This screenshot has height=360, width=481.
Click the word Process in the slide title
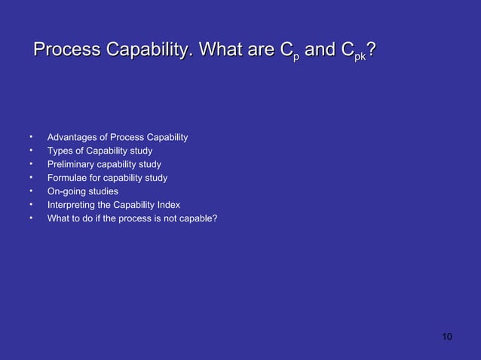(67, 50)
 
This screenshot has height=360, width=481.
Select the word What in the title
(223, 50)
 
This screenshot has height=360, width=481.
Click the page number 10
(447, 336)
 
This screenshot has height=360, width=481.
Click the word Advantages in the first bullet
(75, 137)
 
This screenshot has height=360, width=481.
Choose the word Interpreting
(72, 205)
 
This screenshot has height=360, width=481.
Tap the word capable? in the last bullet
(198, 218)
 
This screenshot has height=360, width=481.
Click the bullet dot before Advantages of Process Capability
(31, 137)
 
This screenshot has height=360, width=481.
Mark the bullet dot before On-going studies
(31, 191)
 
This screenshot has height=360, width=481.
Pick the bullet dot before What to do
(31, 218)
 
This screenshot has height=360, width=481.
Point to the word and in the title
(320, 50)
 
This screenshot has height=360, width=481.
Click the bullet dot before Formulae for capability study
(31, 178)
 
